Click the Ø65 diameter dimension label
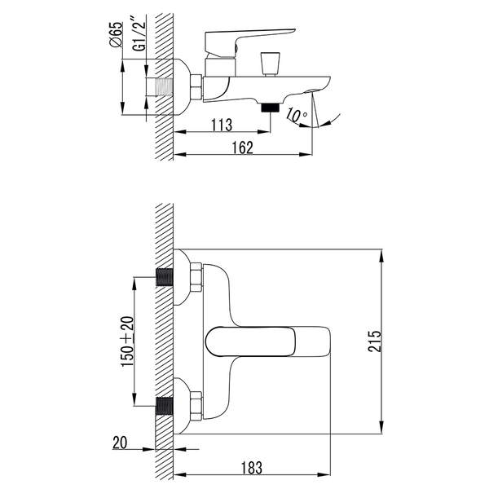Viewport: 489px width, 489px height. point(116,34)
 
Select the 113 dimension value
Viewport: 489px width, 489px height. point(222,125)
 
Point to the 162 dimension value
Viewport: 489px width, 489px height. point(243,148)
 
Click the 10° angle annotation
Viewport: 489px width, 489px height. point(297,115)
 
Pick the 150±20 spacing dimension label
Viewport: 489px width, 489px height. point(127,341)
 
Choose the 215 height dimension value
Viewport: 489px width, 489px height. point(375,341)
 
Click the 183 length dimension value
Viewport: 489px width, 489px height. point(252,468)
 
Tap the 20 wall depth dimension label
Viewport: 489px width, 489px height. point(120,443)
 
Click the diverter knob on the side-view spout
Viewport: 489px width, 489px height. point(270,64)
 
